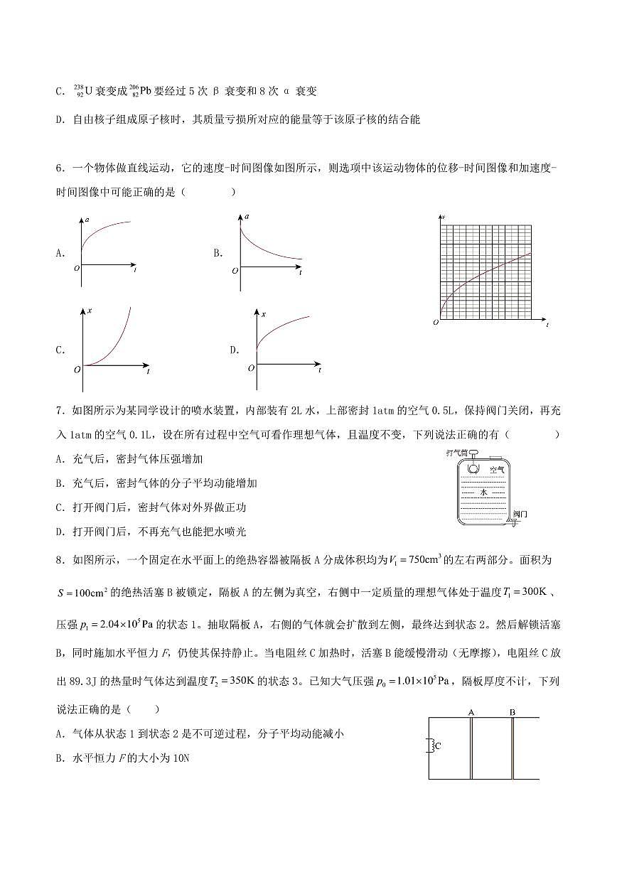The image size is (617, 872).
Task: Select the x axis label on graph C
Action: click(90, 311)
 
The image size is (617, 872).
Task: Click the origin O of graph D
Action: click(251, 367)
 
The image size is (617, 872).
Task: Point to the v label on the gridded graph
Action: click(444, 215)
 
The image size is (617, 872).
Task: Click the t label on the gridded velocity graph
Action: click(547, 325)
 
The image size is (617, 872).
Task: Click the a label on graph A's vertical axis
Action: click(87, 222)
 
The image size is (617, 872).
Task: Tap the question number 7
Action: click(58, 410)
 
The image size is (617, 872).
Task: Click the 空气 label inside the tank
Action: click(497, 470)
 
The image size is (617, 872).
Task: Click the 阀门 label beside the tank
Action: click(520, 513)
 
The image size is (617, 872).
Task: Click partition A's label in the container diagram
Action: click(471, 711)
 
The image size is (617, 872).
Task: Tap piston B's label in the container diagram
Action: click(512, 711)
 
